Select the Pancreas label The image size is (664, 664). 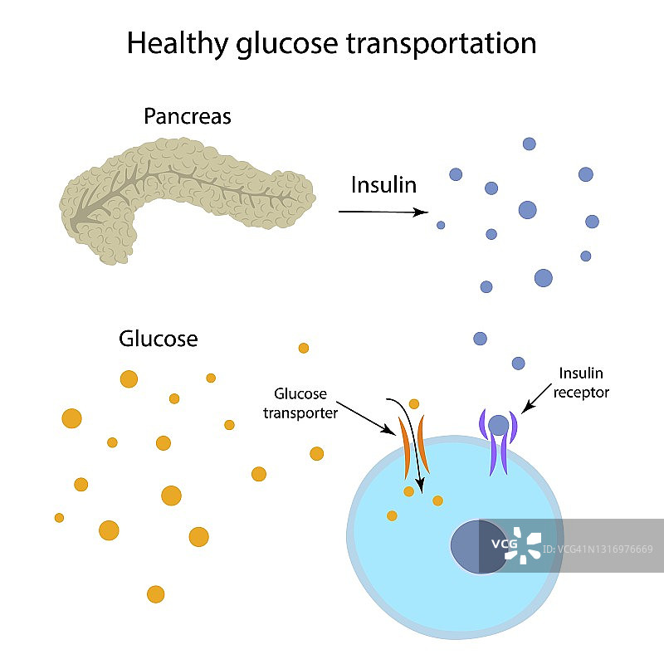(x=188, y=116)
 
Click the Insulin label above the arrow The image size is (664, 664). (x=383, y=183)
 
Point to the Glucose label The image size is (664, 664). (x=159, y=339)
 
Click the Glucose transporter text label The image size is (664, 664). (x=300, y=402)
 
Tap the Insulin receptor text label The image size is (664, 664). (x=584, y=383)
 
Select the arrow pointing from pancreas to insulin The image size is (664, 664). (x=382, y=212)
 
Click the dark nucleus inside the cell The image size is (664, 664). (x=478, y=547)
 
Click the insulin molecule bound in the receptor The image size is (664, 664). (x=498, y=425)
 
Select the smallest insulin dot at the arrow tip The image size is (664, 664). (x=441, y=225)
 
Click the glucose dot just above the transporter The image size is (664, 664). (x=414, y=404)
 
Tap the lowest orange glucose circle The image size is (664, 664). (x=155, y=594)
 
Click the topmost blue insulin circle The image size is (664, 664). (x=529, y=144)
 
